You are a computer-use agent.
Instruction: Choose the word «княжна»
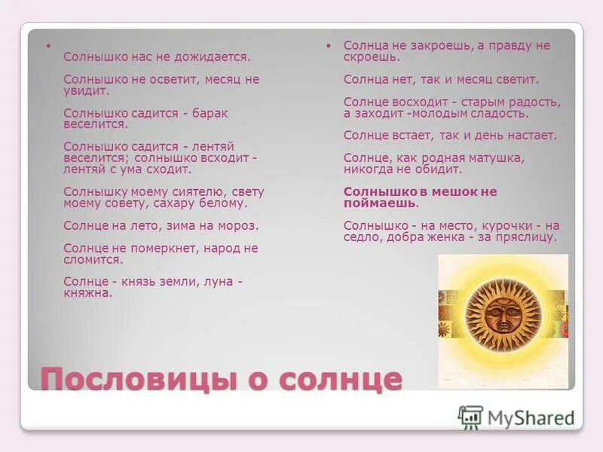pyautogui.click(x=87, y=293)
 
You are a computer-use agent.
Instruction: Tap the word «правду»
pyautogui.click(x=510, y=46)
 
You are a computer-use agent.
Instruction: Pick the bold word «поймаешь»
pyautogui.click(x=379, y=203)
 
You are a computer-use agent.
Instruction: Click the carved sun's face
pyautogui.click(x=503, y=314)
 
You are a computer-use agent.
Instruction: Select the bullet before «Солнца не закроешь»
pyautogui.click(x=329, y=46)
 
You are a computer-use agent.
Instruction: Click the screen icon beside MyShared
pyautogui.click(x=470, y=417)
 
